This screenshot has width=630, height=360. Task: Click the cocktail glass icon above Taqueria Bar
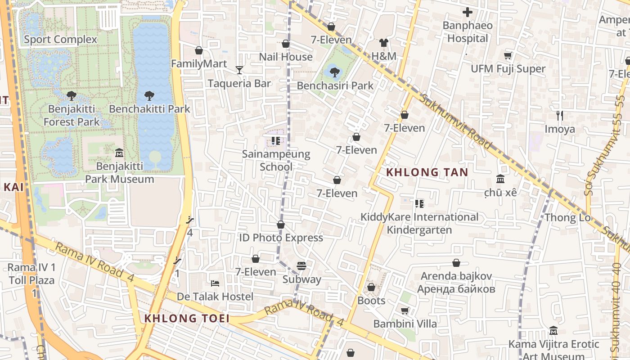coord(239,70)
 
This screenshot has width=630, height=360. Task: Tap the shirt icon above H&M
coord(383,43)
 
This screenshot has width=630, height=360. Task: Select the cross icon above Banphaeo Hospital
coord(468,12)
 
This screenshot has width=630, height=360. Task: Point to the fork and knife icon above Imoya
coord(560,116)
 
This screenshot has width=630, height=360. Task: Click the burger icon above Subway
coord(301,266)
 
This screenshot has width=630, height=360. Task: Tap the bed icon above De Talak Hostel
coord(215,283)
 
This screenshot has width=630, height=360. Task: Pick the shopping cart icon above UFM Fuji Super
coord(508,55)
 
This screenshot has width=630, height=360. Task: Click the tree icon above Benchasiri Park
coord(335,72)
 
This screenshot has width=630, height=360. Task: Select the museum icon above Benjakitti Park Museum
coord(119,153)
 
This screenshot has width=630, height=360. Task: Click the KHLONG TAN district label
coord(427,172)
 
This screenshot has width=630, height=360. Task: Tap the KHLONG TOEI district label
coord(187,319)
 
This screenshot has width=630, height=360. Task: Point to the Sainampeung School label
coord(276,161)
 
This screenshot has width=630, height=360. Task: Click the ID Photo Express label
coord(281,238)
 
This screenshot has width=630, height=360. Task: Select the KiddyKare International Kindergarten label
coord(419,224)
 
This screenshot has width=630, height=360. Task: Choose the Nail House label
coord(286,57)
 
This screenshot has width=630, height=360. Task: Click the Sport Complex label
coord(60,39)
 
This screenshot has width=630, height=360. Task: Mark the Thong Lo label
coord(567,218)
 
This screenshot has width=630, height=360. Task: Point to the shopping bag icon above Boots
coord(371,287)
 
